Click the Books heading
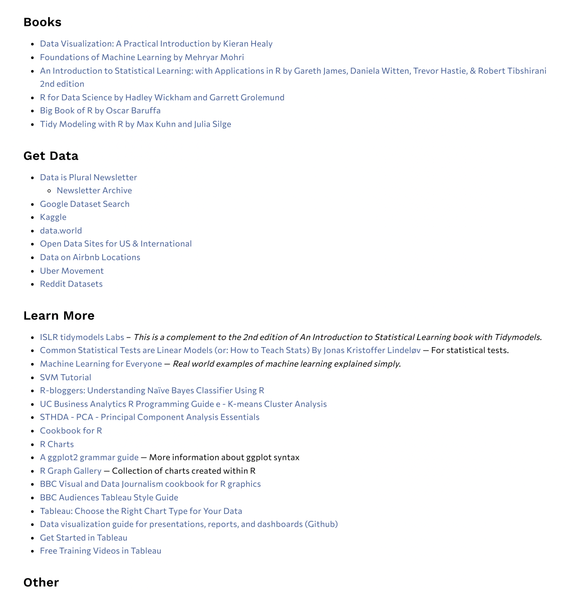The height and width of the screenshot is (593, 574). (x=43, y=22)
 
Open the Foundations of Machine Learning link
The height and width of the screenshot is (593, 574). (x=142, y=57)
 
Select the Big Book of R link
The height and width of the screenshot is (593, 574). (x=100, y=110)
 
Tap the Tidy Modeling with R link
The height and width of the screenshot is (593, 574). (x=135, y=124)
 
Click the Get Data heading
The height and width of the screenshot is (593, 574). (x=51, y=156)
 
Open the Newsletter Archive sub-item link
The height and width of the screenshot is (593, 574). (x=94, y=190)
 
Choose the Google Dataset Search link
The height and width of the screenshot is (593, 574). (x=85, y=204)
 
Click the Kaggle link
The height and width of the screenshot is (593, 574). (x=53, y=217)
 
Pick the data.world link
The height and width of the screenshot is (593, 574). (x=61, y=230)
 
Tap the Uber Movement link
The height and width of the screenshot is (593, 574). (x=72, y=270)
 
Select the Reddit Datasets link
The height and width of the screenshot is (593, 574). (x=71, y=283)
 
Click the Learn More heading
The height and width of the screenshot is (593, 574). (x=59, y=316)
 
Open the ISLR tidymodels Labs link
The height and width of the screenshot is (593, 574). (x=82, y=337)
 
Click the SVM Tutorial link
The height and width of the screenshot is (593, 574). (x=66, y=377)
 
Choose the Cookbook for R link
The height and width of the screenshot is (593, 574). (x=71, y=430)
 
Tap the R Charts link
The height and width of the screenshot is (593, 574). (x=57, y=444)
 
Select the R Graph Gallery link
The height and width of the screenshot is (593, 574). (x=71, y=471)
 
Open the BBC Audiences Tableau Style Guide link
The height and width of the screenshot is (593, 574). (x=109, y=497)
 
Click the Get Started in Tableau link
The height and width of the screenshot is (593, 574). (x=84, y=537)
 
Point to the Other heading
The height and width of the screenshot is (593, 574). (x=41, y=582)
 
